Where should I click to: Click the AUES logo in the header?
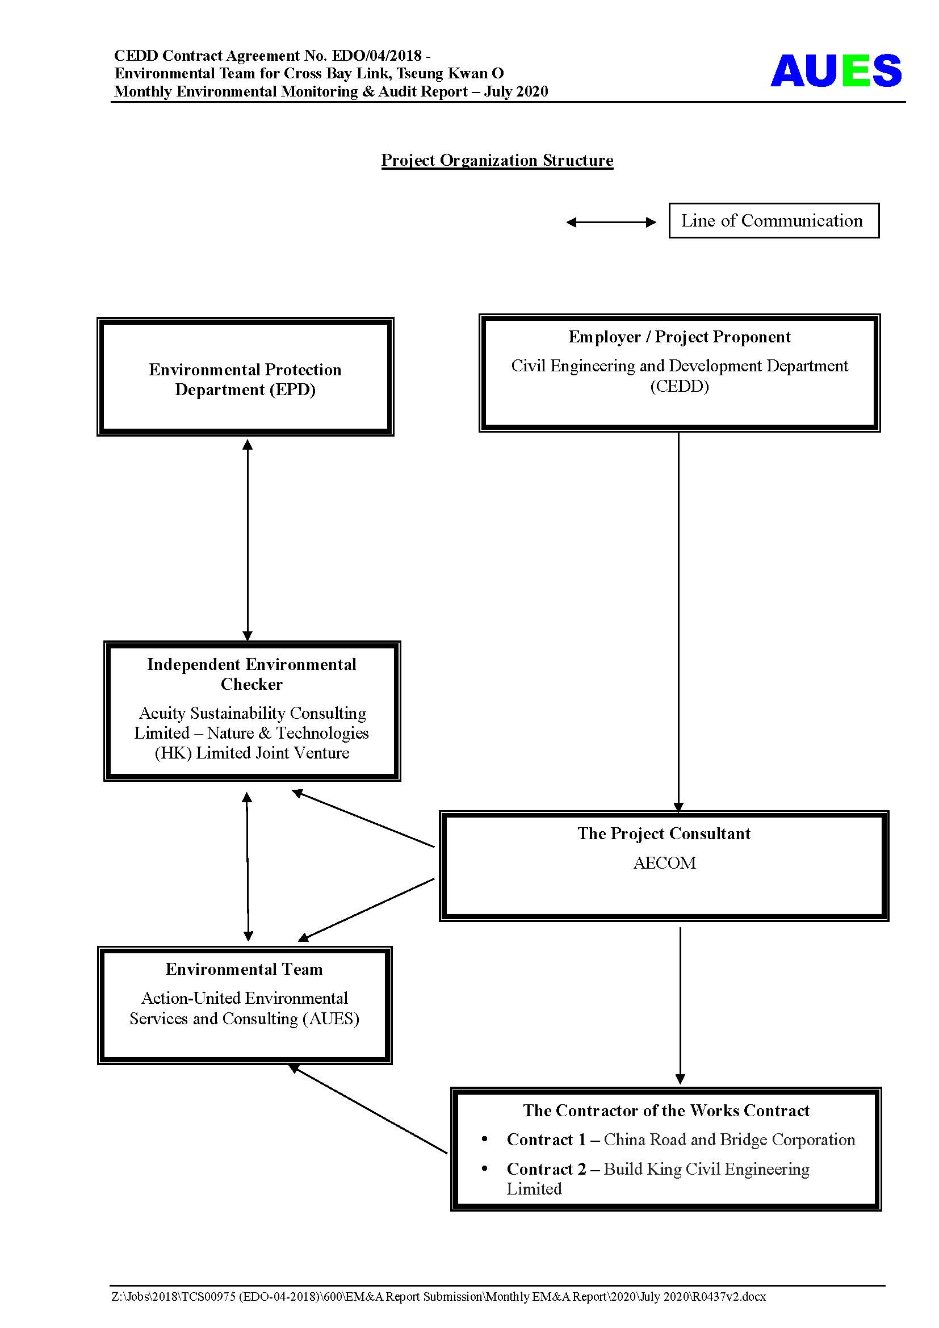836,70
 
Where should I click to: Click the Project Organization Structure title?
497,160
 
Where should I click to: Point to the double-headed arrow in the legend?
611,222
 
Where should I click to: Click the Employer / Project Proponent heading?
680,337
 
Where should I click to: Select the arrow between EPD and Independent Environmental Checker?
248,539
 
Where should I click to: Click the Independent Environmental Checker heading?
251,674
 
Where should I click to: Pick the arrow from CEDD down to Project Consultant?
679,622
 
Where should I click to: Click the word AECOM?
664,863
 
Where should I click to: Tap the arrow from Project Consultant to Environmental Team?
366,909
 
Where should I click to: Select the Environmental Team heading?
244,969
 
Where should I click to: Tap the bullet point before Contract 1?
484,1138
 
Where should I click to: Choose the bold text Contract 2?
546,1169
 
